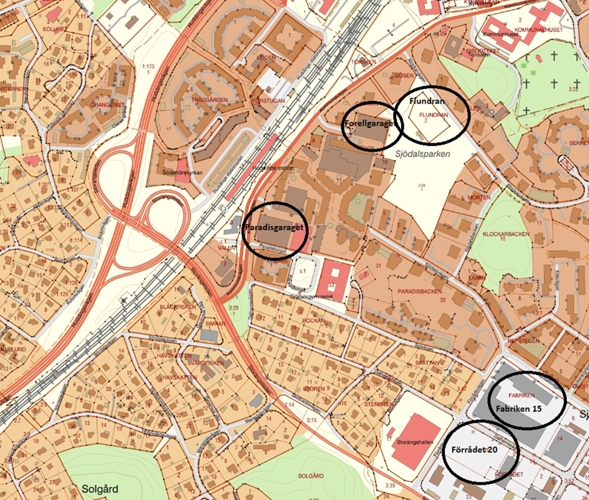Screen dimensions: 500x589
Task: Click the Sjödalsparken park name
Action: (x=420, y=153)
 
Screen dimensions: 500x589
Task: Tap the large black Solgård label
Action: (x=100, y=488)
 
